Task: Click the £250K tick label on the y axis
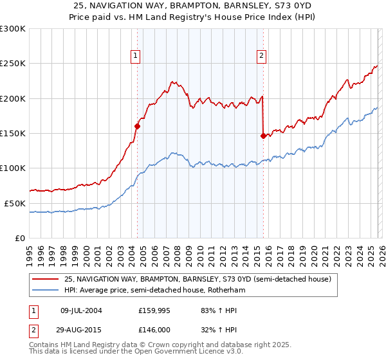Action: tap(13, 64)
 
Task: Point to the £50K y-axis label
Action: tap(15, 203)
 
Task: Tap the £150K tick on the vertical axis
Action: tap(13, 133)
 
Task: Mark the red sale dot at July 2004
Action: tap(137, 127)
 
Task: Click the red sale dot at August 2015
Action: tap(263, 136)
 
